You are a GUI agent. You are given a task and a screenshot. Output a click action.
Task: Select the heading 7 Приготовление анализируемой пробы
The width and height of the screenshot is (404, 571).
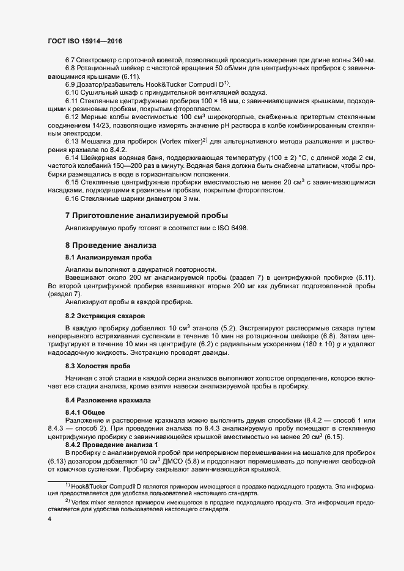tap(147, 216)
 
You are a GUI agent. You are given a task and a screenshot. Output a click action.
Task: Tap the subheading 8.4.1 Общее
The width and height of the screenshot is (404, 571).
tap(85, 412)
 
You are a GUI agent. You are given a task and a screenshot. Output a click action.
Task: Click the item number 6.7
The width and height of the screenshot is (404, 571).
tap(70, 60)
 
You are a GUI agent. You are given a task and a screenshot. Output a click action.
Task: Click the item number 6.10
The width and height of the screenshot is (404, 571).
tap(72, 92)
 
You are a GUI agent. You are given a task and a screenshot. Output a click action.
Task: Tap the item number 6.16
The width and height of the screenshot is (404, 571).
tap(72, 199)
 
